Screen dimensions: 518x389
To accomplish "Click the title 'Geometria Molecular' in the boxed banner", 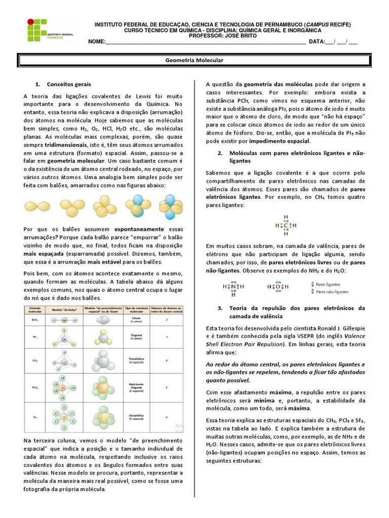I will coord(194,60).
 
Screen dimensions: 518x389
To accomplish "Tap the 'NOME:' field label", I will coord(96,42).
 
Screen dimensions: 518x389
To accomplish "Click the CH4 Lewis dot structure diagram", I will coord(286,225).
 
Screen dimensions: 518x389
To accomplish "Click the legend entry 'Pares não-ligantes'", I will coord(332,292).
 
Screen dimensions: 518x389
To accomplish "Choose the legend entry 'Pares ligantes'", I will coord(328,285).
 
